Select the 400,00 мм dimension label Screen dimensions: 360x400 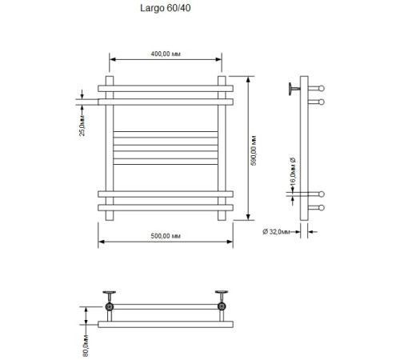click(165, 54)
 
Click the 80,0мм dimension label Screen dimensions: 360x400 click(86, 344)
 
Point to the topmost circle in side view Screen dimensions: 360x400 click(322, 88)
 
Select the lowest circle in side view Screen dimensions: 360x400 click(322, 208)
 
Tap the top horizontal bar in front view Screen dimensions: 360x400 click(166, 88)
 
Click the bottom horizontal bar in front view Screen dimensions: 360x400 click(166, 208)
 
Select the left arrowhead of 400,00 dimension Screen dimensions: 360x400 click(111, 59)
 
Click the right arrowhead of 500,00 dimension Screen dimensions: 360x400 click(230, 243)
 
